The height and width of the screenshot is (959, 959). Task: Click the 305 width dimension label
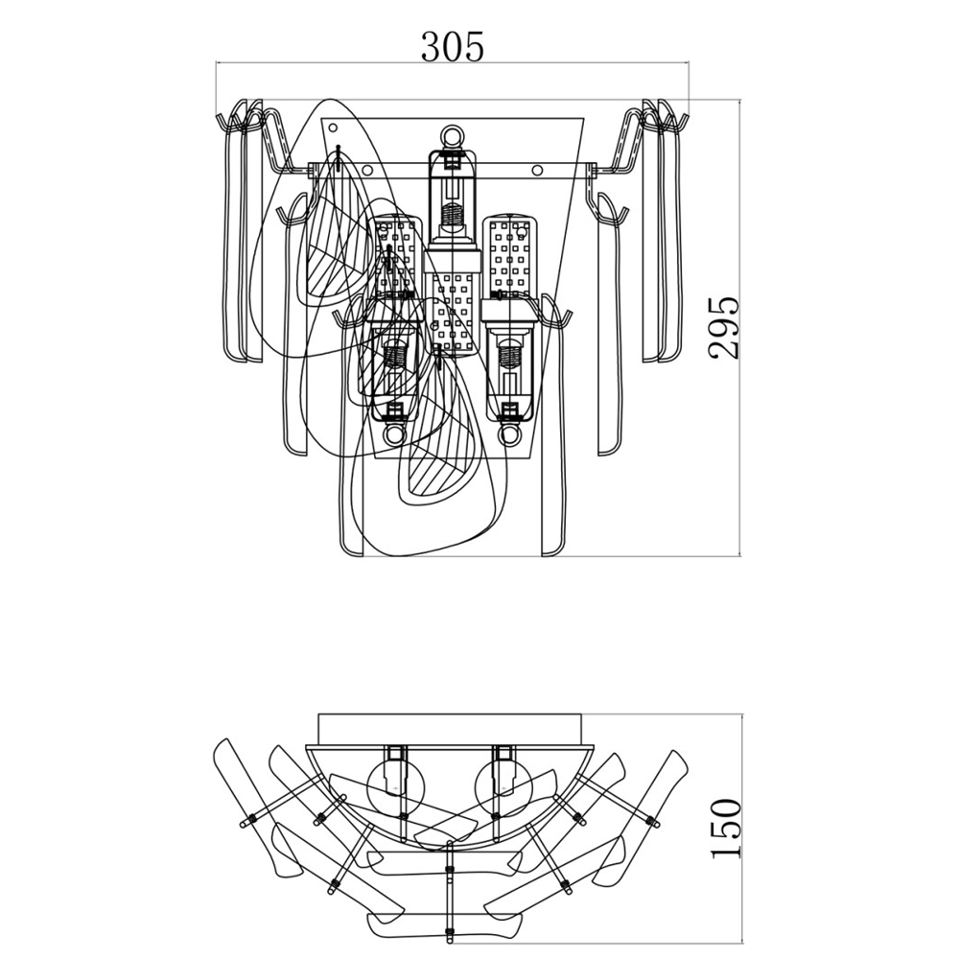(x=453, y=45)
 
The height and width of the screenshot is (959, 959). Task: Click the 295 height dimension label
(x=726, y=327)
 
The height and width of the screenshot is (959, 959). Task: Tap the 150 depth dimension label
(x=726, y=828)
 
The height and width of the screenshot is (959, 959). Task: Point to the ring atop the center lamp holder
(x=452, y=137)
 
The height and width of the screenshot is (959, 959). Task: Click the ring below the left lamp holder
(x=391, y=435)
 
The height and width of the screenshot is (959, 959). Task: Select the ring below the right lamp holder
(x=511, y=435)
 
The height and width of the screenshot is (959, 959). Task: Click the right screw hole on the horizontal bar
(x=537, y=172)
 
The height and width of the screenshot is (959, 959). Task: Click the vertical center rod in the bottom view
(x=449, y=887)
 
